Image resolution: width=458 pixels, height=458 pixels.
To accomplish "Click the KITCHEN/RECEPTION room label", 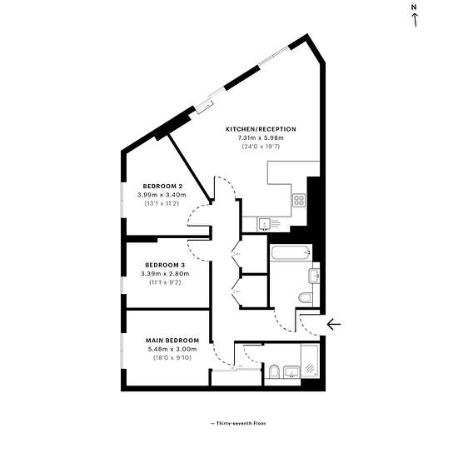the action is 261,129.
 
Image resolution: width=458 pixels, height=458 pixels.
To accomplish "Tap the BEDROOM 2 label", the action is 162,186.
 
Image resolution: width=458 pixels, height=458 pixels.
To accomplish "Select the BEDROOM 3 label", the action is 165,265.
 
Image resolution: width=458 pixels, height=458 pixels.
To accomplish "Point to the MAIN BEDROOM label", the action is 172,341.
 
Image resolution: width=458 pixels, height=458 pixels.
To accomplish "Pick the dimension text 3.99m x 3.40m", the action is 162,195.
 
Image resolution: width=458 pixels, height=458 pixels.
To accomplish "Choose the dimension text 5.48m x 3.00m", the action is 172,349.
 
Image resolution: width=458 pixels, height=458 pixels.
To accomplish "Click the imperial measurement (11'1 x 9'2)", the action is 165,282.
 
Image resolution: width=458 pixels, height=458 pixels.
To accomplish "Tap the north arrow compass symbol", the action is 415,16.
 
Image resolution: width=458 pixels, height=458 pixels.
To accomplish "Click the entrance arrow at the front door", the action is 334,324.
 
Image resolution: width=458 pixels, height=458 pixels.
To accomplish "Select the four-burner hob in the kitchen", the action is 299,200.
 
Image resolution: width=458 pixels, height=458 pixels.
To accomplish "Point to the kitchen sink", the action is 265,225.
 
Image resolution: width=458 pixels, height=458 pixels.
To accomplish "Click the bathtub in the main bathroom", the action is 291,253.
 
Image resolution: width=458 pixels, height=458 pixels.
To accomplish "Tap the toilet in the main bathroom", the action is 306,298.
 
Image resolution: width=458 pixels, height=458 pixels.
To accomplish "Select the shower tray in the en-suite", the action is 310,361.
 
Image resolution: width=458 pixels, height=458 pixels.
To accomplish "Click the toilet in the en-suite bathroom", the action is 274,371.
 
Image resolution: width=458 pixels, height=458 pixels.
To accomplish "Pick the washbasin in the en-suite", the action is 291,372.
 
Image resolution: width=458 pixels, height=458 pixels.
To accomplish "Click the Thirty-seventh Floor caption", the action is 238,423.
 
